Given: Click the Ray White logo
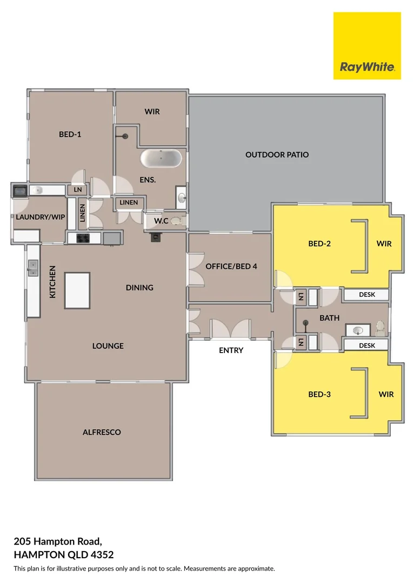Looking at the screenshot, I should [x=367, y=45].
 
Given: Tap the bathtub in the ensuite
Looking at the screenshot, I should [x=161, y=159].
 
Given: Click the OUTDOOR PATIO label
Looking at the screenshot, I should [x=277, y=155].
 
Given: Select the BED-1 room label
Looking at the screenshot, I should [x=70, y=134].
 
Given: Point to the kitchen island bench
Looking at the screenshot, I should [x=77, y=290].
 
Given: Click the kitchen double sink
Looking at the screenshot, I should [x=32, y=267].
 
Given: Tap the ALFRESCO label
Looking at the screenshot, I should [x=102, y=432].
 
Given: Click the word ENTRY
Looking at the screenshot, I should [x=231, y=350].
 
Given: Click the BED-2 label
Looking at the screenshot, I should [x=319, y=243].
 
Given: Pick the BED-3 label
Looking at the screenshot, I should [x=319, y=394].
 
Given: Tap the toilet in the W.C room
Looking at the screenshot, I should [x=177, y=220].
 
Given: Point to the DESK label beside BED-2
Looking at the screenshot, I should [x=367, y=295].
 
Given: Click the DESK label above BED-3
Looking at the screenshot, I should [x=367, y=345].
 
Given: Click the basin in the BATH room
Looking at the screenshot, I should [x=357, y=330].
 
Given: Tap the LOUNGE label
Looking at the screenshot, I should [x=108, y=345].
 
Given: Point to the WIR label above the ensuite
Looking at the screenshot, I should [x=152, y=112].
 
